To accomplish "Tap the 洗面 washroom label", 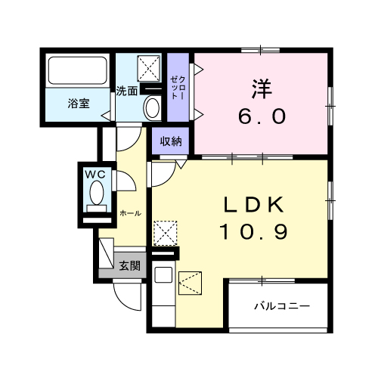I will tap(126, 91).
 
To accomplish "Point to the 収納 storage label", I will tap(170, 141).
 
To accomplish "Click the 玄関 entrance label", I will tap(129, 265).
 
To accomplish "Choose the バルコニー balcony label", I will tap(281, 307).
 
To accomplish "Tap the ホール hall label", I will tap(130, 214).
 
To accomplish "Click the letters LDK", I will tap(253, 205).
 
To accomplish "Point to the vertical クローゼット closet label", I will tap(177, 89).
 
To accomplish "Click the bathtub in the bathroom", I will tap(79, 72).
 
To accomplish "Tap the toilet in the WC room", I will tap(97, 196).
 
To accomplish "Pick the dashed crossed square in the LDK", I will tap(165, 233).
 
